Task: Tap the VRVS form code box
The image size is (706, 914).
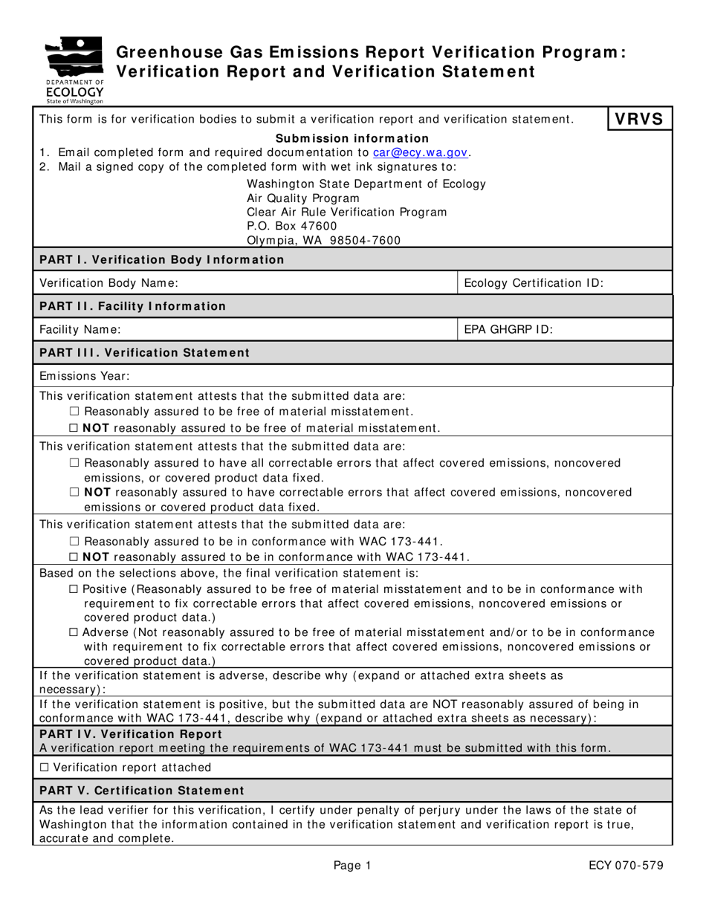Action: tap(640, 120)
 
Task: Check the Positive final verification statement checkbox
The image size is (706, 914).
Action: tap(73, 589)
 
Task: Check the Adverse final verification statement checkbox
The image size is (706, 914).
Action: tap(73, 632)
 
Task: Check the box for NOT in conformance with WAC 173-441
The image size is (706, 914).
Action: tap(73, 557)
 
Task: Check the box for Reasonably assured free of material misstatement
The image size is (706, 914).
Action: tap(73, 412)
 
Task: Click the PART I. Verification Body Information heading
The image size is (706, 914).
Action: tap(161, 259)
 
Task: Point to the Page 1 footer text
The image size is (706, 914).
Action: tap(352, 865)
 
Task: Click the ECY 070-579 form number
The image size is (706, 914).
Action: tap(626, 865)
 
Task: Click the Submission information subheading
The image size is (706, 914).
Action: tap(352, 138)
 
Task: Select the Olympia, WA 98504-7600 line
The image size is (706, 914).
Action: tap(323, 241)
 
